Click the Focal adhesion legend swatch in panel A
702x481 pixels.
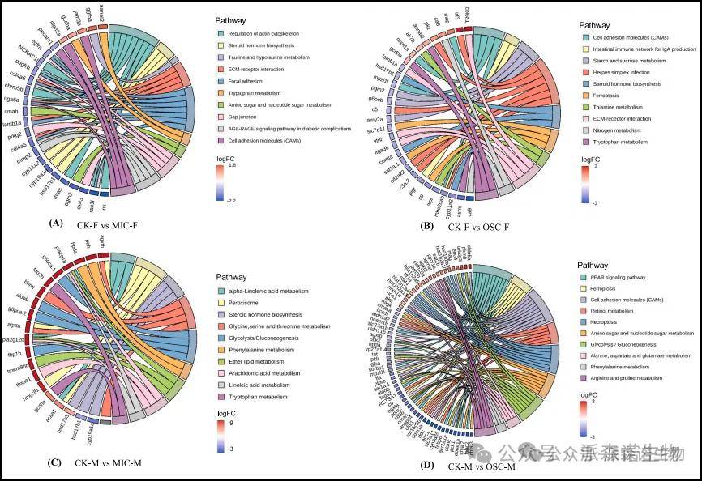pyautogui.click(x=220, y=81)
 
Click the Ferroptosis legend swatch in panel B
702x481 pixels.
pyautogui.click(x=586, y=95)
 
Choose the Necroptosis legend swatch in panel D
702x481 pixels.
pyautogui.click(x=582, y=321)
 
